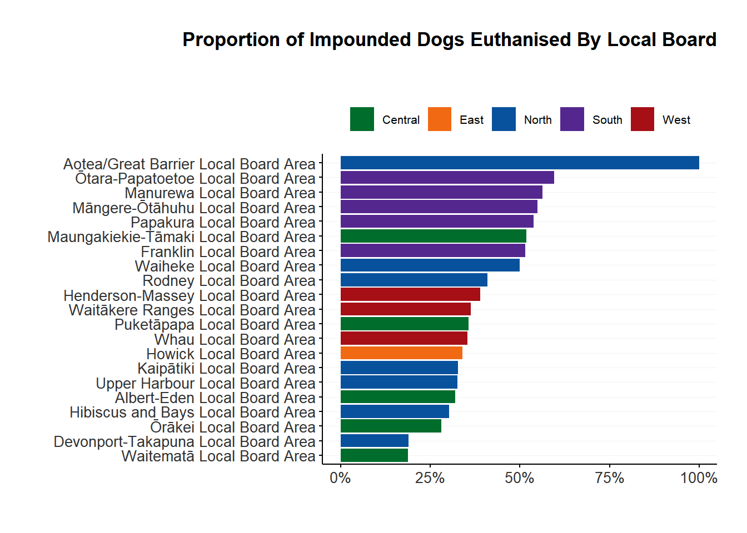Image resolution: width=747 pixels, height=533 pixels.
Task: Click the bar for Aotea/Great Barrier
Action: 520,163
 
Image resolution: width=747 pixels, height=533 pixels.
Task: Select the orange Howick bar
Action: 401,353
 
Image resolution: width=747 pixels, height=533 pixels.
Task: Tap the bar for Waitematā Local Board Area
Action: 374,455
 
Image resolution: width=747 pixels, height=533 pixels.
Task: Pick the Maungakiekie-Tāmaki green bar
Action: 433,236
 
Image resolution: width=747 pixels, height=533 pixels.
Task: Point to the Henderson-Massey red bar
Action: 410,294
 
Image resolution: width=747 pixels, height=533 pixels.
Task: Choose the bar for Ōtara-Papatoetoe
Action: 447,178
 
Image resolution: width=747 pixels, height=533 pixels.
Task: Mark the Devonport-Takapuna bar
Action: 374,441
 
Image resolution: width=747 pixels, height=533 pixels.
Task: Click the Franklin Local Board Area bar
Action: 432,250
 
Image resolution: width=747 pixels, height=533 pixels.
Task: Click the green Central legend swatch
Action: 362,119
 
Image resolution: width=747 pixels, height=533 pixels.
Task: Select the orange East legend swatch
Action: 440,119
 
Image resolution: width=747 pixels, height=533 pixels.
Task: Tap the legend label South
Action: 607,120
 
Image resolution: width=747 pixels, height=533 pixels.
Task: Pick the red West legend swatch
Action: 643,119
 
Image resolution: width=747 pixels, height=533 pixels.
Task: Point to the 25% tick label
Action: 430,478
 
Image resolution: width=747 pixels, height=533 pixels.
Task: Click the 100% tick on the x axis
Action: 699,478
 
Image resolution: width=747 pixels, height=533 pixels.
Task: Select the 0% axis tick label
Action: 340,478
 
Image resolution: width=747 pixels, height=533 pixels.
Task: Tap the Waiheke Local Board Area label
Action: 225,266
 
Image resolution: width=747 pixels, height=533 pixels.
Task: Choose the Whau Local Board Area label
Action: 235,340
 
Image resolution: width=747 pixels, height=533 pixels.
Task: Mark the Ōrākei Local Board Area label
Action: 233,428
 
